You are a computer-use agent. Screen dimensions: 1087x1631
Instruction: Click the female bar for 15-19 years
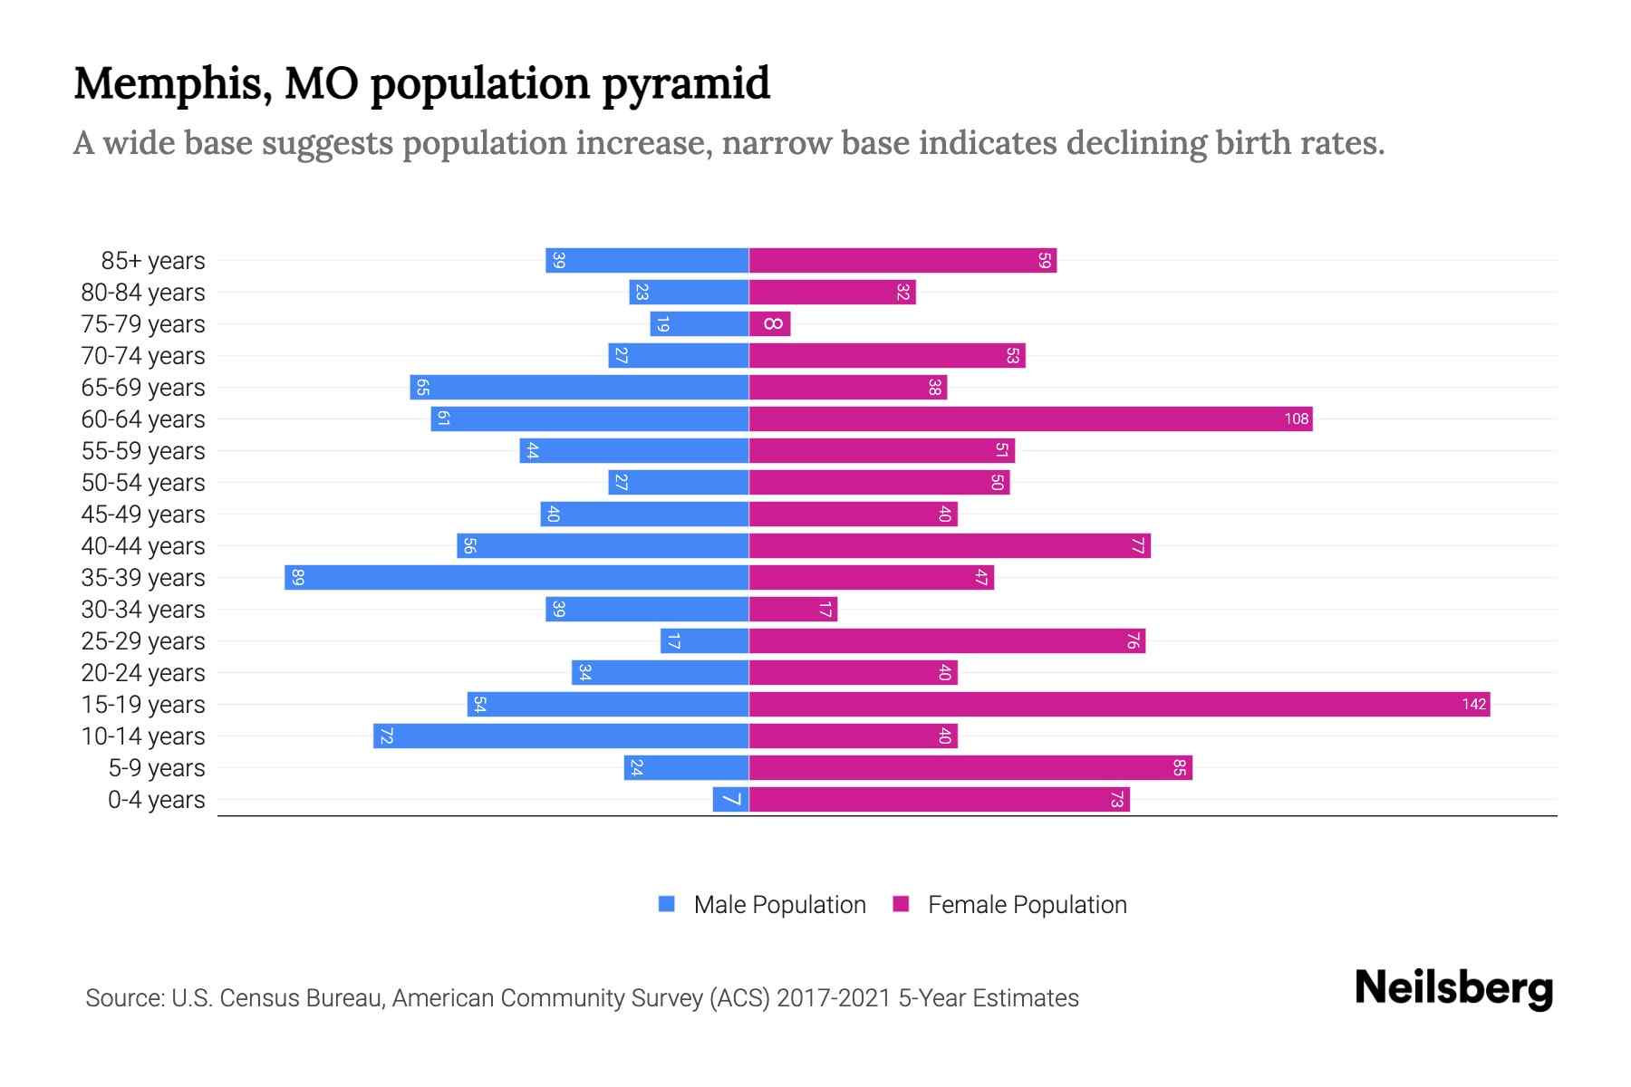point(1119,705)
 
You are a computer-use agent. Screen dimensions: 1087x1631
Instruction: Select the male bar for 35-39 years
point(516,578)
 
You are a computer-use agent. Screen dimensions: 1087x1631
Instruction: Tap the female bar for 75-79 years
point(770,324)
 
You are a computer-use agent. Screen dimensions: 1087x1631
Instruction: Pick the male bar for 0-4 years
point(730,800)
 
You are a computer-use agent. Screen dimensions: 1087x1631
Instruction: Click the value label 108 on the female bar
point(1296,419)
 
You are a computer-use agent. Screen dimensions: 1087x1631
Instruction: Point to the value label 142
point(1473,705)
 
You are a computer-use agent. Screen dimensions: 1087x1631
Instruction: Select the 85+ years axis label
point(153,261)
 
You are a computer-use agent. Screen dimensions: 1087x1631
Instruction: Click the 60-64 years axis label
point(143,419)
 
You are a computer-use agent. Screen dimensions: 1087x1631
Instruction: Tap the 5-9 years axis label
point(157,768)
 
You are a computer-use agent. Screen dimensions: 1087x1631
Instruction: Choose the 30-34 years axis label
point(143,610)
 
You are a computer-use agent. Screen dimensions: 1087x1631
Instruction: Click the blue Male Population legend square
point(667,904)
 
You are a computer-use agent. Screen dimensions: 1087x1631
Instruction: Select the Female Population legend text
point(1027,905)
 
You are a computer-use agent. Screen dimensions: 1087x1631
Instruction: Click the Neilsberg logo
point(1453,988)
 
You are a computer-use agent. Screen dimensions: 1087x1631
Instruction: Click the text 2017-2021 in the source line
point(834,998)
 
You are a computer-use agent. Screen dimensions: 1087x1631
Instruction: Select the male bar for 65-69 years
point(579,388)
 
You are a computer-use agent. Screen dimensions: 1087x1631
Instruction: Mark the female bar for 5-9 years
point(970,768)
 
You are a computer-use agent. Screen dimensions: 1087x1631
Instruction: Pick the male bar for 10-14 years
point(561,736)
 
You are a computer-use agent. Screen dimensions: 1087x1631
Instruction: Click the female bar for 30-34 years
point(793,610)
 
